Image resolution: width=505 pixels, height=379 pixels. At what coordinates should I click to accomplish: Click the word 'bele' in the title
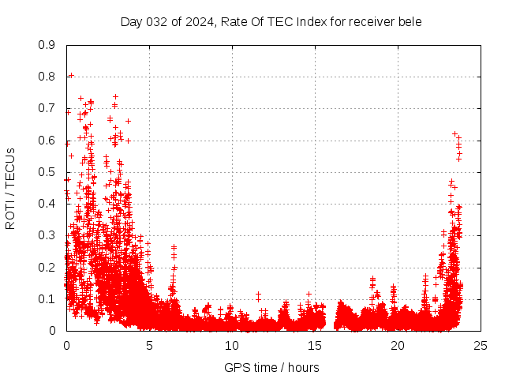(x=410, y=21)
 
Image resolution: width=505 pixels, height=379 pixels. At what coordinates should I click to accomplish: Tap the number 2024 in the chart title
(x=198, y=21)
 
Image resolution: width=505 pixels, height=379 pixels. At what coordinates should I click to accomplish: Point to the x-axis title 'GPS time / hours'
(x=271, y=367)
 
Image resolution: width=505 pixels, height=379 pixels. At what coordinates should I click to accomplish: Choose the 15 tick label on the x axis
(x=315, y=346)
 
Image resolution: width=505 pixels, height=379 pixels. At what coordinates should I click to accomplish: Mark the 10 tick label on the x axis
(x=232, y=346)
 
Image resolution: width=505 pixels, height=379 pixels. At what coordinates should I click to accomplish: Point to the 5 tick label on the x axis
(x=149, y=346)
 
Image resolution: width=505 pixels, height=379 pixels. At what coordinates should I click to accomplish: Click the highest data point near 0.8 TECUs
(x=71, y=76)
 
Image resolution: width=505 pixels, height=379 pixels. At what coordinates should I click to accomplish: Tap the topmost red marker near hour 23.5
(x=454, y=134)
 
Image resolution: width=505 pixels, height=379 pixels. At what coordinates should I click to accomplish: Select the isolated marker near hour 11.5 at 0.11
(x=258, y=295)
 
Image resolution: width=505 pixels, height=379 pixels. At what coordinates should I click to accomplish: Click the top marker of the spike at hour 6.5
(x=174, y=247)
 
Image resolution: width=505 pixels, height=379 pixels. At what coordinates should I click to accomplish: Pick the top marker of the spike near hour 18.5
(x=372, y=279)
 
